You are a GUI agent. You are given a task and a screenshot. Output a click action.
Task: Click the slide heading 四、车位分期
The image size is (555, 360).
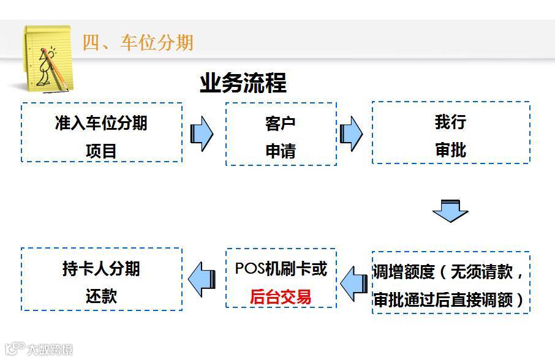click(x=138, y=42)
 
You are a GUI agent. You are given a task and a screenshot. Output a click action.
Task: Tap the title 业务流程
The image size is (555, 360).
click(x=243, y=83)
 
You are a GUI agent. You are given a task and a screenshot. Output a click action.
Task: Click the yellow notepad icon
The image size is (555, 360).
click(x=47, y=59)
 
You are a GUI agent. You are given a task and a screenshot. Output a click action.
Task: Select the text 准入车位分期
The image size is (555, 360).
click(x=101, y=123)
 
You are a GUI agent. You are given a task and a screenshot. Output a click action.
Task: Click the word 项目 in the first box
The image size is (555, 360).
click(x=101, y=151)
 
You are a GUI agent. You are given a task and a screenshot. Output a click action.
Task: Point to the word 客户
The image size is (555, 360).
click(x=281, y=123)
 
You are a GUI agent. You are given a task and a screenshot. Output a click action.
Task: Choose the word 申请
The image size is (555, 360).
click(x=281, y=151)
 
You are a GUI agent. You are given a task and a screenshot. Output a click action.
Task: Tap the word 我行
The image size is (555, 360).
click(x=450, y=122)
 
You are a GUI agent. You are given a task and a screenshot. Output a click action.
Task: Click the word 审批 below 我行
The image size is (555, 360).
click(x=450, y=150)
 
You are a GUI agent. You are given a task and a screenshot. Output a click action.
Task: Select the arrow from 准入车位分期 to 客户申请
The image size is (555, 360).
click(x=202, y=133)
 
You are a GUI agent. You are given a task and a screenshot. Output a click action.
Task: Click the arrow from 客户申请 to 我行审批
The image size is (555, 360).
click(x=351, y=133)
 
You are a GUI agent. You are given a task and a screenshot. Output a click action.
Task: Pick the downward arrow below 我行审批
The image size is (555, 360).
click(x=450, y=211)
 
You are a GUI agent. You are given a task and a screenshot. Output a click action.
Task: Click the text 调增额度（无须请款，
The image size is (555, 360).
click(x=450, y=272)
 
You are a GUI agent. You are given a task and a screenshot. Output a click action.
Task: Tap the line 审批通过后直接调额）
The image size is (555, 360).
click(x=450, y=300)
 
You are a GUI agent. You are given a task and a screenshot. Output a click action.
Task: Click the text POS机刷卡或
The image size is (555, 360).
click(x=281, y=269)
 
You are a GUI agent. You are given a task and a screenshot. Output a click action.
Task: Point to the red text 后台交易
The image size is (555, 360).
click(x=281, y=297)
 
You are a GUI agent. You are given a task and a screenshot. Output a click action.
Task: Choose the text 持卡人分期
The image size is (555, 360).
click(x=101, y=269)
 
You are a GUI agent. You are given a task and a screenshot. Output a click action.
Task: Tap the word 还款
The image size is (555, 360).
click(x=101, y=296)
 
